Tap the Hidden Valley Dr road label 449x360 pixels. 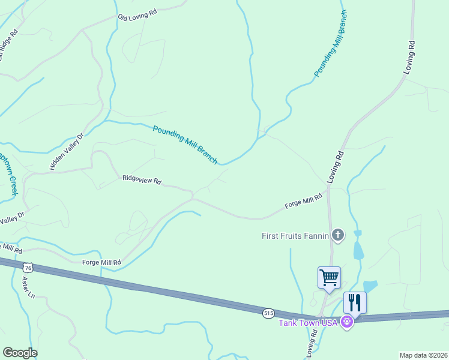click(x=68, y=152)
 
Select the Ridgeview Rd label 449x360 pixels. click(x=142, y=179)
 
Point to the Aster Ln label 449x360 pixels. click(x=28, y=288)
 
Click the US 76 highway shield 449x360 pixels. click(x=27, y=267)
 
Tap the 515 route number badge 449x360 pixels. click(x=268, y=313)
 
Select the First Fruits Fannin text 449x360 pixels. click(x=295, y=236)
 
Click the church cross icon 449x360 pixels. click(x=338, y=235)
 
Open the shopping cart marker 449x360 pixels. click(x=329, y=278)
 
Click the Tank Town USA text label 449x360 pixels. click(x=309, y=323)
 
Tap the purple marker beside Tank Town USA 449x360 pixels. click(x=346, y=323)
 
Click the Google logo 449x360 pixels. click(x=20, y=353)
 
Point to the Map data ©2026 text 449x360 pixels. click(x=423, y=355)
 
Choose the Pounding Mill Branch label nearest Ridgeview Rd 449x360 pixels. click(x=185, y=145)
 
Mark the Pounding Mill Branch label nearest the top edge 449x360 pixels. click(x=331, y=44)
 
